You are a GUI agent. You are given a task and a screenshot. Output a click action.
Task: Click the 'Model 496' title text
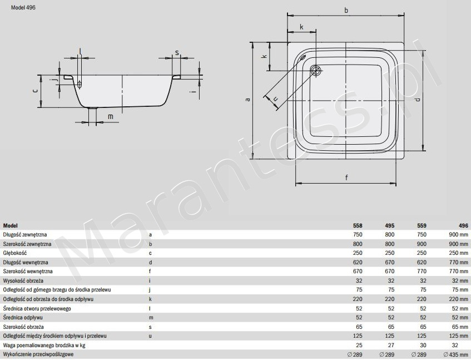coord(23,8)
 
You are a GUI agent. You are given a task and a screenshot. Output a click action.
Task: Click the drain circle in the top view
coord(316,71)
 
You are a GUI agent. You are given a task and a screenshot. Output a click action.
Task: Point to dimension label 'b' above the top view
coord(346,10)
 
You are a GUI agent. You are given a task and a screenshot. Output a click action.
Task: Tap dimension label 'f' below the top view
coord(346,177)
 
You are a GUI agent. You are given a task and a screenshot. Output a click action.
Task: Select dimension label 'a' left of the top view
coord(248,99)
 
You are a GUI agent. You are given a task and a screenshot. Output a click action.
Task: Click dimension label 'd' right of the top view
coord(418,99)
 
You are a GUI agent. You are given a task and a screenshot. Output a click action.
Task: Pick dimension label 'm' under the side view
coord(111,117)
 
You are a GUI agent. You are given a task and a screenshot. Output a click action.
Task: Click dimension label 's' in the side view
coord(177,53)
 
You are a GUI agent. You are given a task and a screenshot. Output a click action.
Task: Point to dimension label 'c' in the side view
coord(35,90)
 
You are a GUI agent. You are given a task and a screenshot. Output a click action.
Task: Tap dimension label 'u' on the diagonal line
coord(275,98)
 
